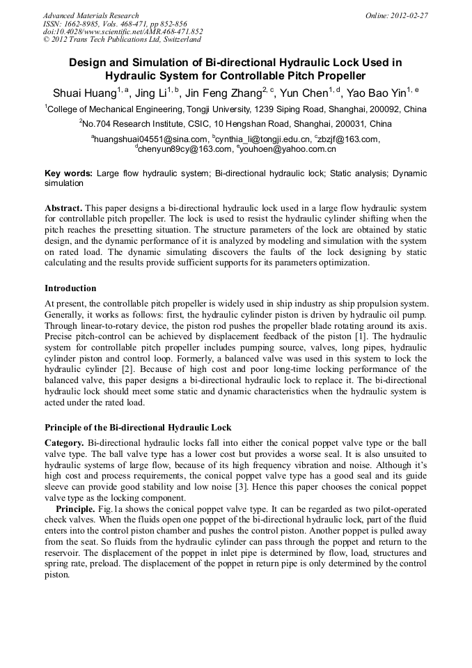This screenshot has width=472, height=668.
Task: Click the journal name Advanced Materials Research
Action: tap(91, 15)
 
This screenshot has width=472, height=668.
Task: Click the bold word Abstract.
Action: tap(63, 208)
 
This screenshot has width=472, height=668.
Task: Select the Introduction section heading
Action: tap(70, 288)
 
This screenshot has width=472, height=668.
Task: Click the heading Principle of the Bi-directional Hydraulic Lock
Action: tap(138, 427)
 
